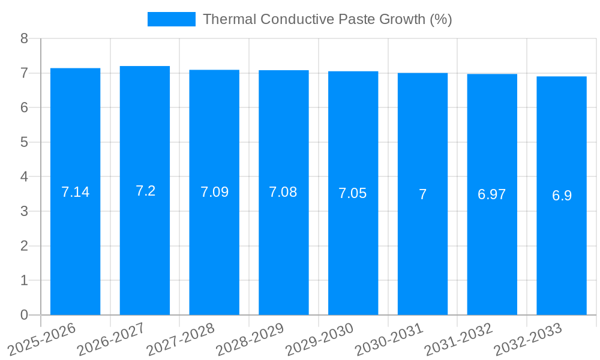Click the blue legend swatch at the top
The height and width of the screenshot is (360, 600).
click(172, 19)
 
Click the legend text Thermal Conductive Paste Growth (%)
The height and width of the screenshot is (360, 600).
click(327, 19)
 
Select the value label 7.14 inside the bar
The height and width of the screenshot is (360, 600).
click(75, 192)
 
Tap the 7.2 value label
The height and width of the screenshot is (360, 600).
click(145, 191)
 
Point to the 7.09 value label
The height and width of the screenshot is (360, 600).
click(214, 192)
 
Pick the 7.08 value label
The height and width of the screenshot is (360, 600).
click(283, 192)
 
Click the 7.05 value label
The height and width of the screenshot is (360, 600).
click(353, 193)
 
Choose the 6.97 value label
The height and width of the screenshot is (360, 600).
click(492, 194)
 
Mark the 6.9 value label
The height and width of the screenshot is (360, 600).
click(562, 196)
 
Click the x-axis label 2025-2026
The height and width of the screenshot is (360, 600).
click(43, 338)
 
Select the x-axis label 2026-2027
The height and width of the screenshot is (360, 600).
click(112, 338)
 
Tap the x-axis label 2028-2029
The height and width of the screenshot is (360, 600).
click(251, 338)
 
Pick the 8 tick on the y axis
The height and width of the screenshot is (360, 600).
click(24, 38)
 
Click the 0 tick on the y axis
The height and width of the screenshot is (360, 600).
click(24, 315)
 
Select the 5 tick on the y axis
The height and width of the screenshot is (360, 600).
click(24, 142)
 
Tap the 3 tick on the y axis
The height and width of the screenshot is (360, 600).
click(24, 211)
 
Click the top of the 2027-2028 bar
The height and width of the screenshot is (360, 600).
click(214, 70)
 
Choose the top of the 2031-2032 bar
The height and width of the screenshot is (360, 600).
click(492, 74)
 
